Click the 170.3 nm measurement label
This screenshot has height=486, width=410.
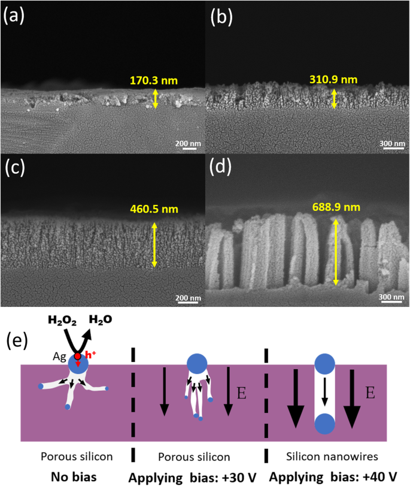pyautogui.click(x=153, y=79)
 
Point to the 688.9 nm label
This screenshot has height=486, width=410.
pyautogui.click(x=335, y=207)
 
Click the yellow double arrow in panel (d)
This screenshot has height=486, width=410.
pyautogui.click(x=336, y=252)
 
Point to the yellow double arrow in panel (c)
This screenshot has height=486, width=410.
pyautogui.click(x=154, y=244)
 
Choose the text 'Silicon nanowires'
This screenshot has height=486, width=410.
pyautogui.click(x=332, y=457)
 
